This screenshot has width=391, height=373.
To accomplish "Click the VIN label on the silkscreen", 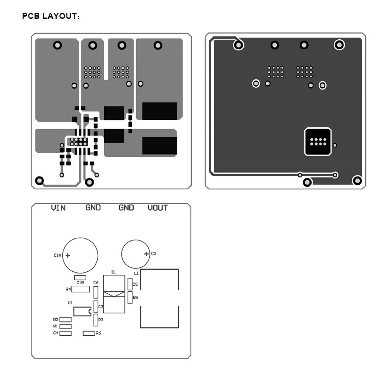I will pos(58,208).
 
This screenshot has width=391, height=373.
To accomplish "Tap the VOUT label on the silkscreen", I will pos(158,208).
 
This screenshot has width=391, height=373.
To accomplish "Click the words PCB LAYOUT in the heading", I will pos(50,16).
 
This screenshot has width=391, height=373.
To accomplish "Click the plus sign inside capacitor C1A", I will pos(68,255).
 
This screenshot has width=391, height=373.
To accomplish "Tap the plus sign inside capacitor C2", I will pos(146,254).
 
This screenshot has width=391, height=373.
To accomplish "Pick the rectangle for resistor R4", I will pos(81,289).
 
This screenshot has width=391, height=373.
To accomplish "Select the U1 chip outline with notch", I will pos(81,311).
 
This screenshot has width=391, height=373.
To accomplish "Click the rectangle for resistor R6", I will pos(89,333).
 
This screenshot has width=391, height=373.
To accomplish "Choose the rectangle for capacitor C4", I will pos(66,333).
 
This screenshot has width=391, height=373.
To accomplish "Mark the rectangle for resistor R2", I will pos(66,320).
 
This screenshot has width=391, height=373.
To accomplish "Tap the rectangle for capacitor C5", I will pos(130,284).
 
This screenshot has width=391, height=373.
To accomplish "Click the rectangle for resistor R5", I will pos(130,298).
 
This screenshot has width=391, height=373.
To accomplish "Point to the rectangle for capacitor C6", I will pos(96,292).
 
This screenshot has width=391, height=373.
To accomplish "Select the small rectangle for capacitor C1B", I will pos(80,278).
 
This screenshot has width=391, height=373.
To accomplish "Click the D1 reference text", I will pos(113,272).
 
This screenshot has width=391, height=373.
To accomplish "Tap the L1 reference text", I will pos(136,273).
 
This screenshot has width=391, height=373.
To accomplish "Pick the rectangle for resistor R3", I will pos(96,320).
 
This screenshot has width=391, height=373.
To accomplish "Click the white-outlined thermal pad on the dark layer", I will pos(318,141).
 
